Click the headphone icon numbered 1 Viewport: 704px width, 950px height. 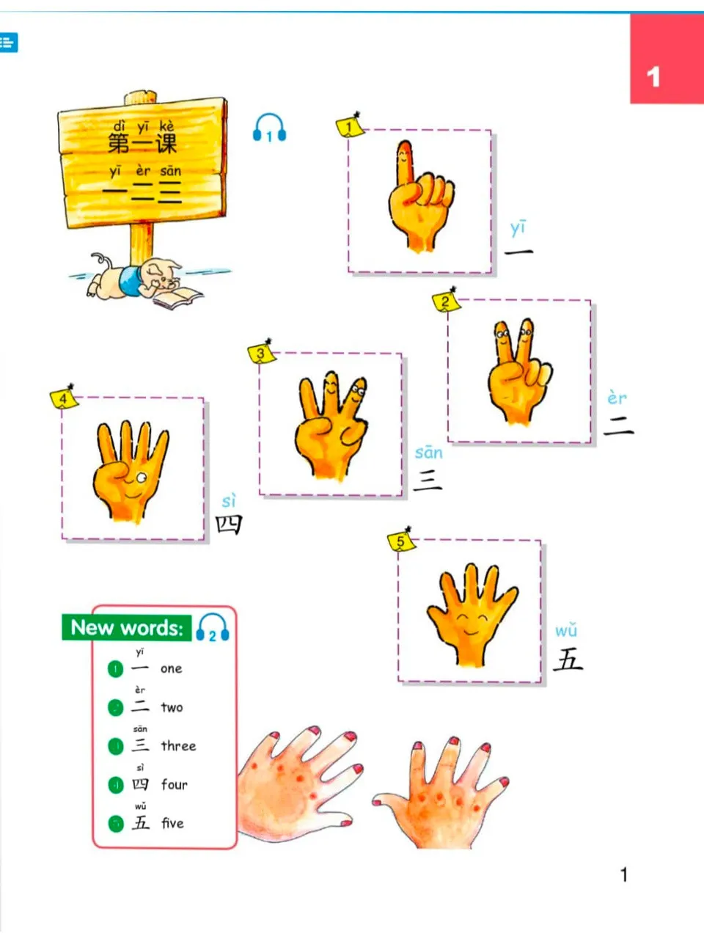click(269, 128)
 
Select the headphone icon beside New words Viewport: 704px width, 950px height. click(213, 628)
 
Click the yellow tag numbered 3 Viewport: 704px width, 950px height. click(260, 354)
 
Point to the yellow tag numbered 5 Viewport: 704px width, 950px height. click(400, 542)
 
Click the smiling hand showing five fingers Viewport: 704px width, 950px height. click(471, 613)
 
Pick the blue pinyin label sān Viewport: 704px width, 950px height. click(428, 452)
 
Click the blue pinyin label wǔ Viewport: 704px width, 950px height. click(565, 630)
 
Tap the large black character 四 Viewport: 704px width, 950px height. click(228, 524)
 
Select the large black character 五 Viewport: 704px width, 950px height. click(568, 659)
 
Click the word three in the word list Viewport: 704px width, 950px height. click(178, 746)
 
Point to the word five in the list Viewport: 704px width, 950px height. click(172, 823)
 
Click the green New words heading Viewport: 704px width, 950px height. click(126, 628)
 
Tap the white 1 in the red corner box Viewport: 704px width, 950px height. click(653, 76)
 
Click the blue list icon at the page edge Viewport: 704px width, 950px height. click(7, 43)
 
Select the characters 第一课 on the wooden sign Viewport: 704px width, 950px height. click(142, 142)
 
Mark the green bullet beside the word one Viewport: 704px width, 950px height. click(115, 669)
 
